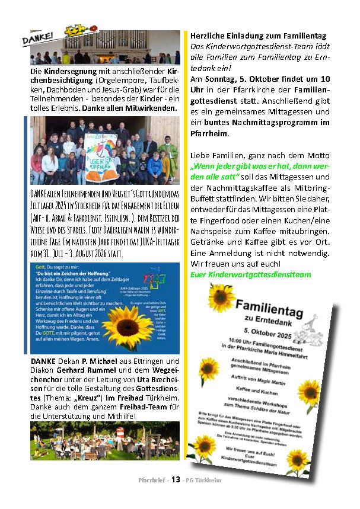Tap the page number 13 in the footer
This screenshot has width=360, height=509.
tap(176, 480)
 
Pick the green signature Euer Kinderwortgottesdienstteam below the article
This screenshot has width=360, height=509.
tap(250, 274)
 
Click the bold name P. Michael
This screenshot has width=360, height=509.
tap(98, 361)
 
